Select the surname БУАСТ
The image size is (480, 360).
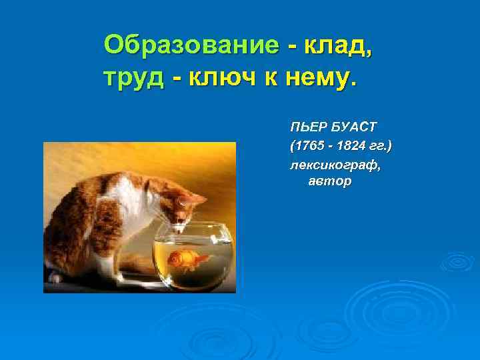[x=353, y=127]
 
